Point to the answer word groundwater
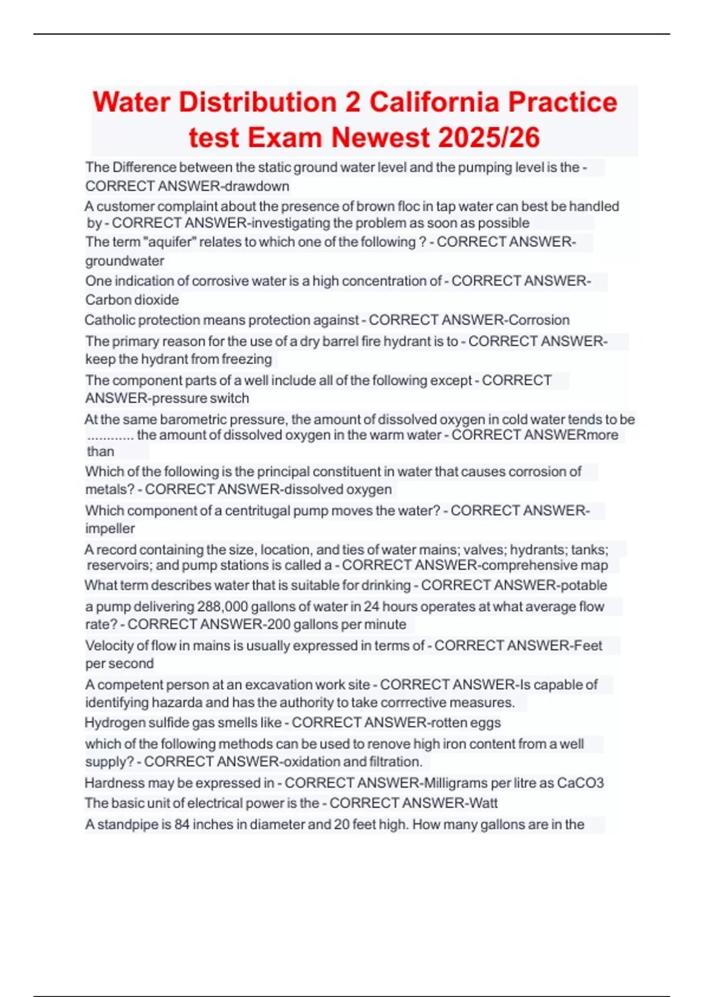124,260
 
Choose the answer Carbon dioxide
132,300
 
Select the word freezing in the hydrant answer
246,359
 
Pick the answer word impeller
110,528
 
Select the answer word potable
584,585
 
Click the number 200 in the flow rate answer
279,625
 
